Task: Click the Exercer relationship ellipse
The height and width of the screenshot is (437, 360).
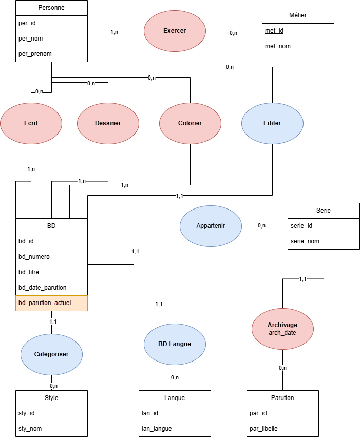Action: tap(175, 31)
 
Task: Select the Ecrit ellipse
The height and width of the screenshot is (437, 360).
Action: tap(31, 123)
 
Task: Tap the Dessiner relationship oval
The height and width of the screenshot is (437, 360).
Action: tap(108, 123)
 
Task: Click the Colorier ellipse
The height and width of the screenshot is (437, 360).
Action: tap(190, 123)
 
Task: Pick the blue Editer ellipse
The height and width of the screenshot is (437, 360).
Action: tap(272, 123)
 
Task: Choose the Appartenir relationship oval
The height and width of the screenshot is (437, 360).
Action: tap(211, 226)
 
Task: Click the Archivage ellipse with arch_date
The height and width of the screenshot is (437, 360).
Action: tap(282, 329)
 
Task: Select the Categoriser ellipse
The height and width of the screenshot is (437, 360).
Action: tap(51, 354)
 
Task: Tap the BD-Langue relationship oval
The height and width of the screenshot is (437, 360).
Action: tap(175, 344)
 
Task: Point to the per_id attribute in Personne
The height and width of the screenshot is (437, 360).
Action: tap(27, 23)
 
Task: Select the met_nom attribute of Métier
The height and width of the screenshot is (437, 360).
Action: tap(278, 46)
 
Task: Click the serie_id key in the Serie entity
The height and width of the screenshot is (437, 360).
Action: tap(301, 226)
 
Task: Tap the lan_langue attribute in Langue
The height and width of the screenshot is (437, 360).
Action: tap(157, 429)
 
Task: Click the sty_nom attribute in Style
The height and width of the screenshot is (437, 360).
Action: tap(30, 429)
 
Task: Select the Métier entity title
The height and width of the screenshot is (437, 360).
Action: tap(298, 15)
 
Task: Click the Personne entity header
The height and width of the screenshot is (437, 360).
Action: tap(51, 8)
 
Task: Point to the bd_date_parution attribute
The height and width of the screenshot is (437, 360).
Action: tap(43, 288)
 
